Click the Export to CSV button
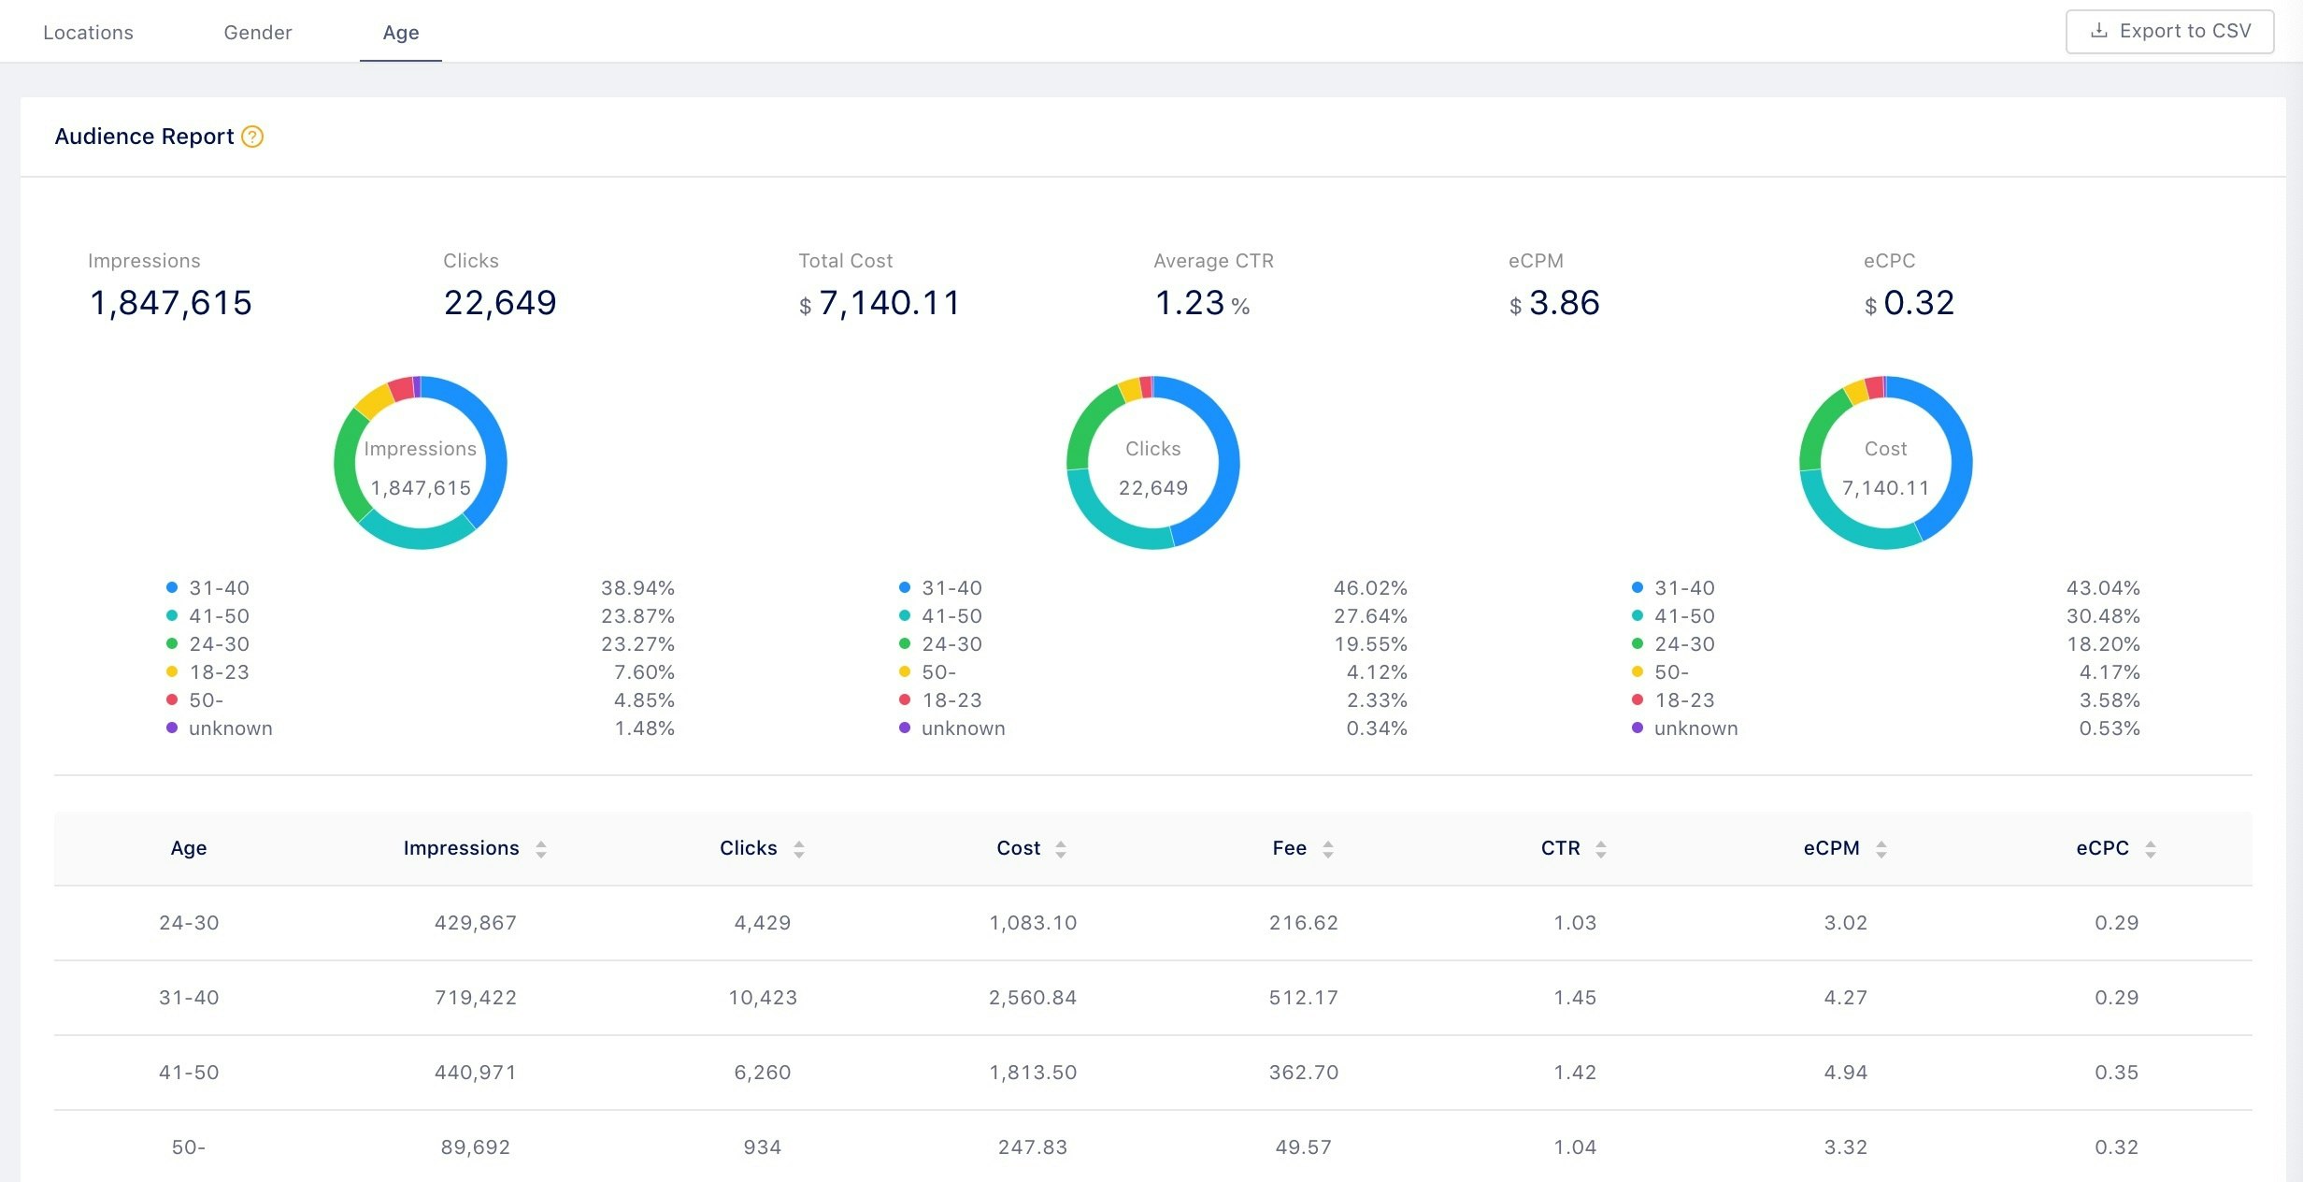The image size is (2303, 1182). [2168, 32]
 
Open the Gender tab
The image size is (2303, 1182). [258, 33]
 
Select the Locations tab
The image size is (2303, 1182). [89, 33]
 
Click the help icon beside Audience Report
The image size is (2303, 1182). [252, 137]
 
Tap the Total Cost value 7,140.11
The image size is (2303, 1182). [888, 303]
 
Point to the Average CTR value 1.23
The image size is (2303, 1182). [1190, 303]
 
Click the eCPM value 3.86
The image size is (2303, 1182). [1564, 303]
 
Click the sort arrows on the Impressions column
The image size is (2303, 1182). [541, 849]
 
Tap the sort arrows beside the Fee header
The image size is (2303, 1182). [1328, 849]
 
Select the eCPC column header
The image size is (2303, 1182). [2102, 848]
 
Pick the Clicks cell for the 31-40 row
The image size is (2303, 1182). [763, 998]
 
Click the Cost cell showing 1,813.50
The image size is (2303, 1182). [1033, 1073]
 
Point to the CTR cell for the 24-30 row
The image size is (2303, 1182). [1575, 923]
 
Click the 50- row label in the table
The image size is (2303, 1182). [189, 1147]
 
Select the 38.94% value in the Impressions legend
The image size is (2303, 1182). [637, 588]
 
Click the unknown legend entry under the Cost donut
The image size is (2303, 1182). [1695, 728]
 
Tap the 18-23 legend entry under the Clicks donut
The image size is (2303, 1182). [951, 700]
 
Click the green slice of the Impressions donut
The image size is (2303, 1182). [346, 463]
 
